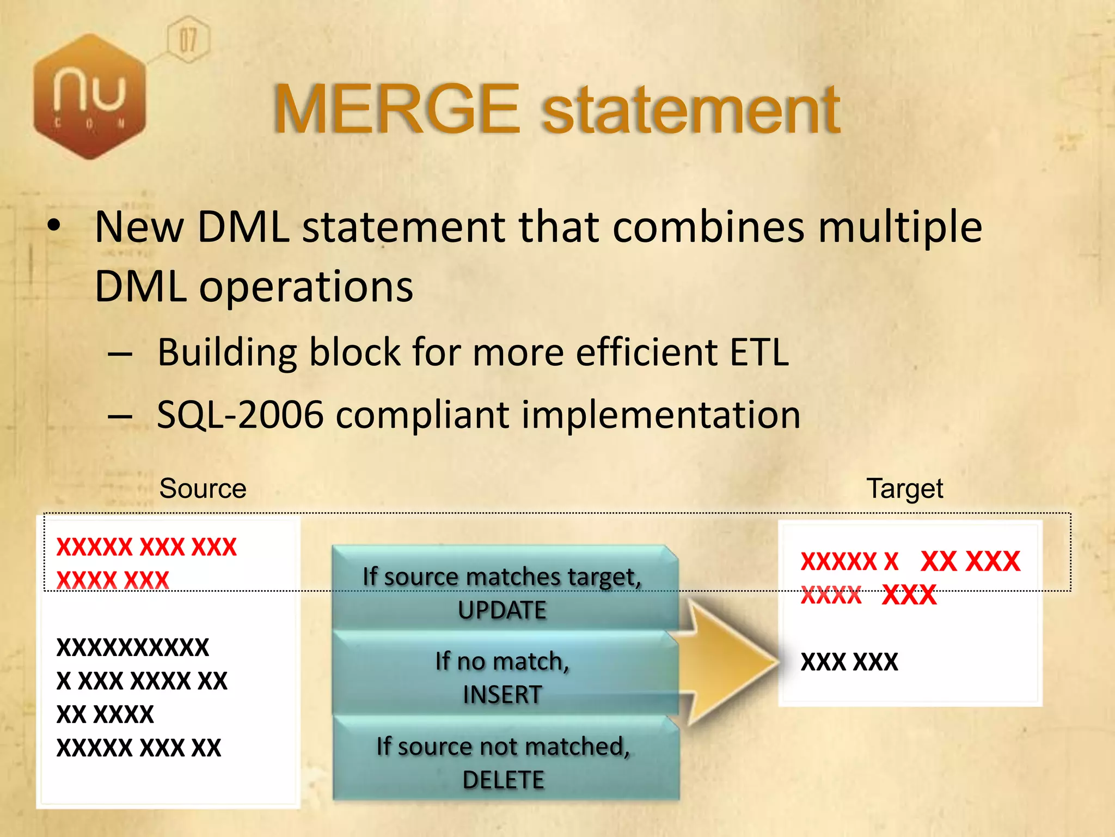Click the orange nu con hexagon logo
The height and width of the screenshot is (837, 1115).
coord(90,97)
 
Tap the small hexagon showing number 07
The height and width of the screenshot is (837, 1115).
coord(188,40)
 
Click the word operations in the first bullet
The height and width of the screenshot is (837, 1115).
coord(306,287)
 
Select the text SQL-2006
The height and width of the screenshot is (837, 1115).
coord(240,415)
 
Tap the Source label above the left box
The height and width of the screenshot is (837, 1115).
coord(203,489)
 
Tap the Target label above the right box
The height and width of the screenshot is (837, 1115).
coord(904,489)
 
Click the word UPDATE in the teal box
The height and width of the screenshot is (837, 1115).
coord(502,610)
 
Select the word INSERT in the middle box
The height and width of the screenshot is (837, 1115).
coord(502,695)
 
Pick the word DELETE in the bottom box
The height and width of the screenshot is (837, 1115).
coord(503,780)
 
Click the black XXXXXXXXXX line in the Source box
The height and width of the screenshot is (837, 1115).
coord(133,647)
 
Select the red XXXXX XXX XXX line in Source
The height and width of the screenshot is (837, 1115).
coord(146,547)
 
